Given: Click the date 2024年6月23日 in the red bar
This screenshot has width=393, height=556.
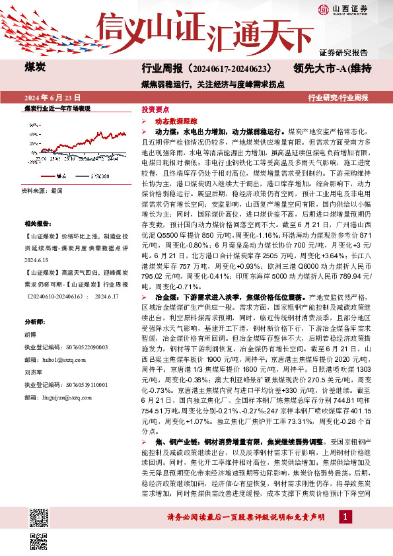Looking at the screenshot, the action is [x=52, y=96].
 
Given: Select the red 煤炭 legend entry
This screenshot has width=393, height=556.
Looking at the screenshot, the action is [x=56, y=176].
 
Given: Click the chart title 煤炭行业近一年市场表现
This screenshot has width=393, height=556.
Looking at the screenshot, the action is [x=57, y=107].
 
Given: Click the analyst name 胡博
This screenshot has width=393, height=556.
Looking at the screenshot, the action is [x=30, y=334].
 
